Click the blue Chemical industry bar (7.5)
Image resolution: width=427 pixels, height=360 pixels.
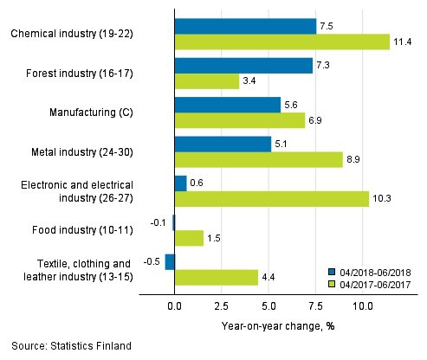[x=245, y=26]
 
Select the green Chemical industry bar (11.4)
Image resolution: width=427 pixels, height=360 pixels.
[x=281, y=42]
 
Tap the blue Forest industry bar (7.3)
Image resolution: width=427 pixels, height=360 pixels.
[x=243, y=66]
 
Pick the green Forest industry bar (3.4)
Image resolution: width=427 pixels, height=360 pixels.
[x=206, y=81]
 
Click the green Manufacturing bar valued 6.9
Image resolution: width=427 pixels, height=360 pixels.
[x=239, y=120]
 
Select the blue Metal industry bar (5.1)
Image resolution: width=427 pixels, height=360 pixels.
[x=223, y=144]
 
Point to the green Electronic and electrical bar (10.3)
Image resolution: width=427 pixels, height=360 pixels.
[x=271, y=198]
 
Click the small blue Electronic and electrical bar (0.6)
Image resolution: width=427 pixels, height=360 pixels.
[x=180, y=183]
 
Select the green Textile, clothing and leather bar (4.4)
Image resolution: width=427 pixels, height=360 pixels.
[x=216, y=277]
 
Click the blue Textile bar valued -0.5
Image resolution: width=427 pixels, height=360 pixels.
[x=170, y=261]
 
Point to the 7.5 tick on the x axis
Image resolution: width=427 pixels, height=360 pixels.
[x=315, y=305]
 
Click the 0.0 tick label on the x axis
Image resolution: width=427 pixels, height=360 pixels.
[x=174, y=305]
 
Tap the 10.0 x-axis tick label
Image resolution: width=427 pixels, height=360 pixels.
[x=362, y=305]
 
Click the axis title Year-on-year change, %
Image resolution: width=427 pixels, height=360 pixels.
[x=266, y=326]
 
